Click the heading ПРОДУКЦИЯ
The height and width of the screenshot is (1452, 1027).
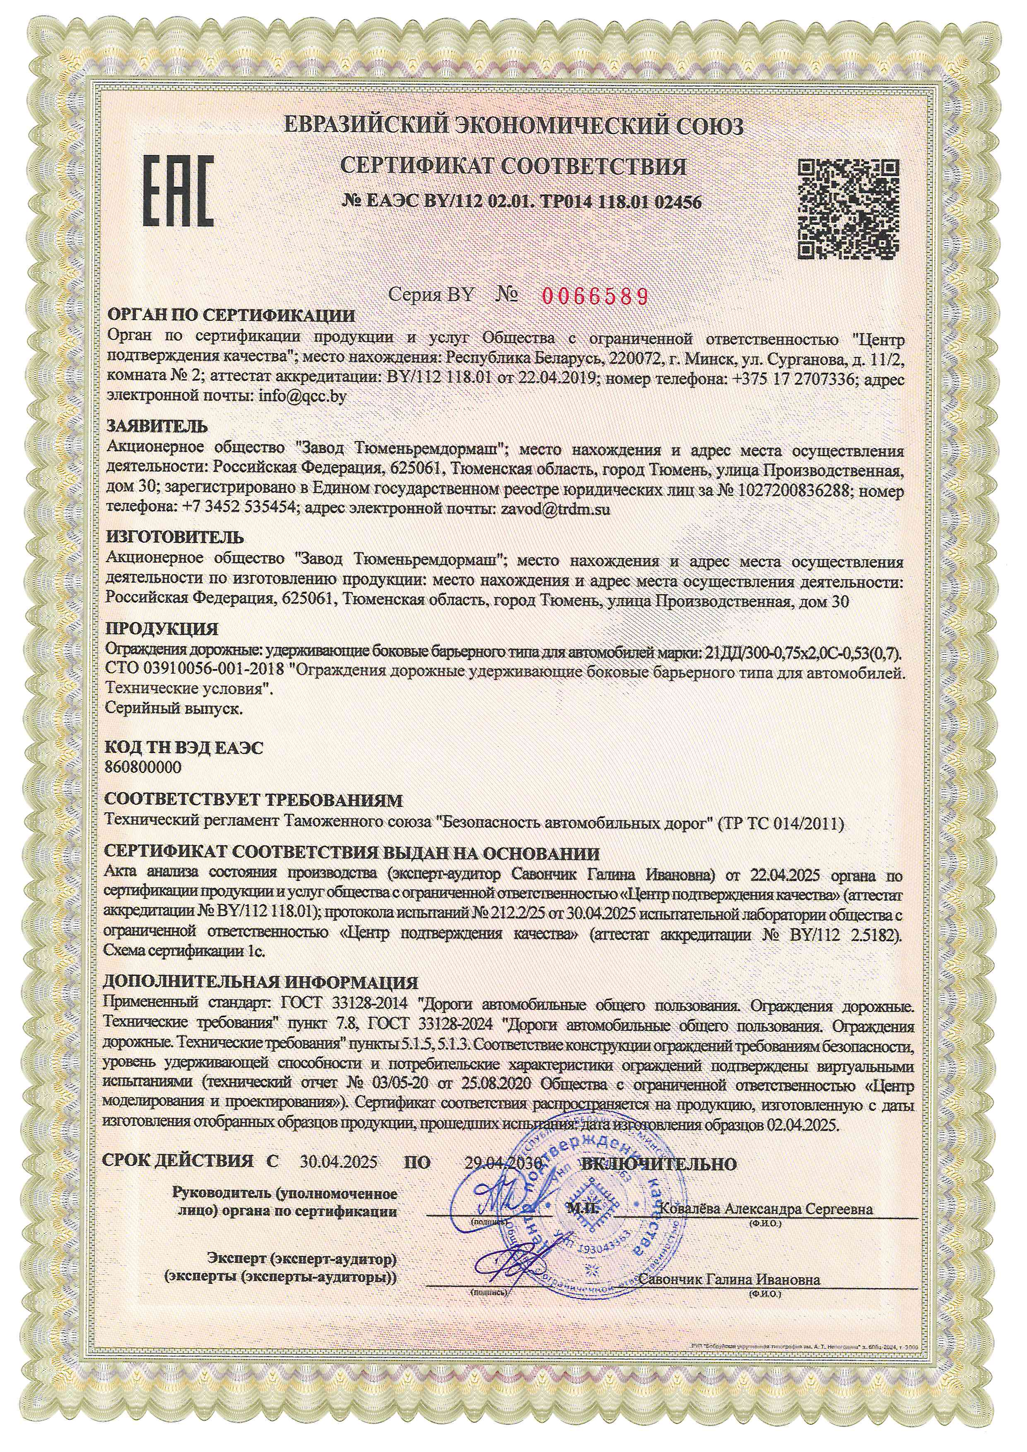click(x=162, y=629)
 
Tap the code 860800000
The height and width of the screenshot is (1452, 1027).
click(x=144, y=767)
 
